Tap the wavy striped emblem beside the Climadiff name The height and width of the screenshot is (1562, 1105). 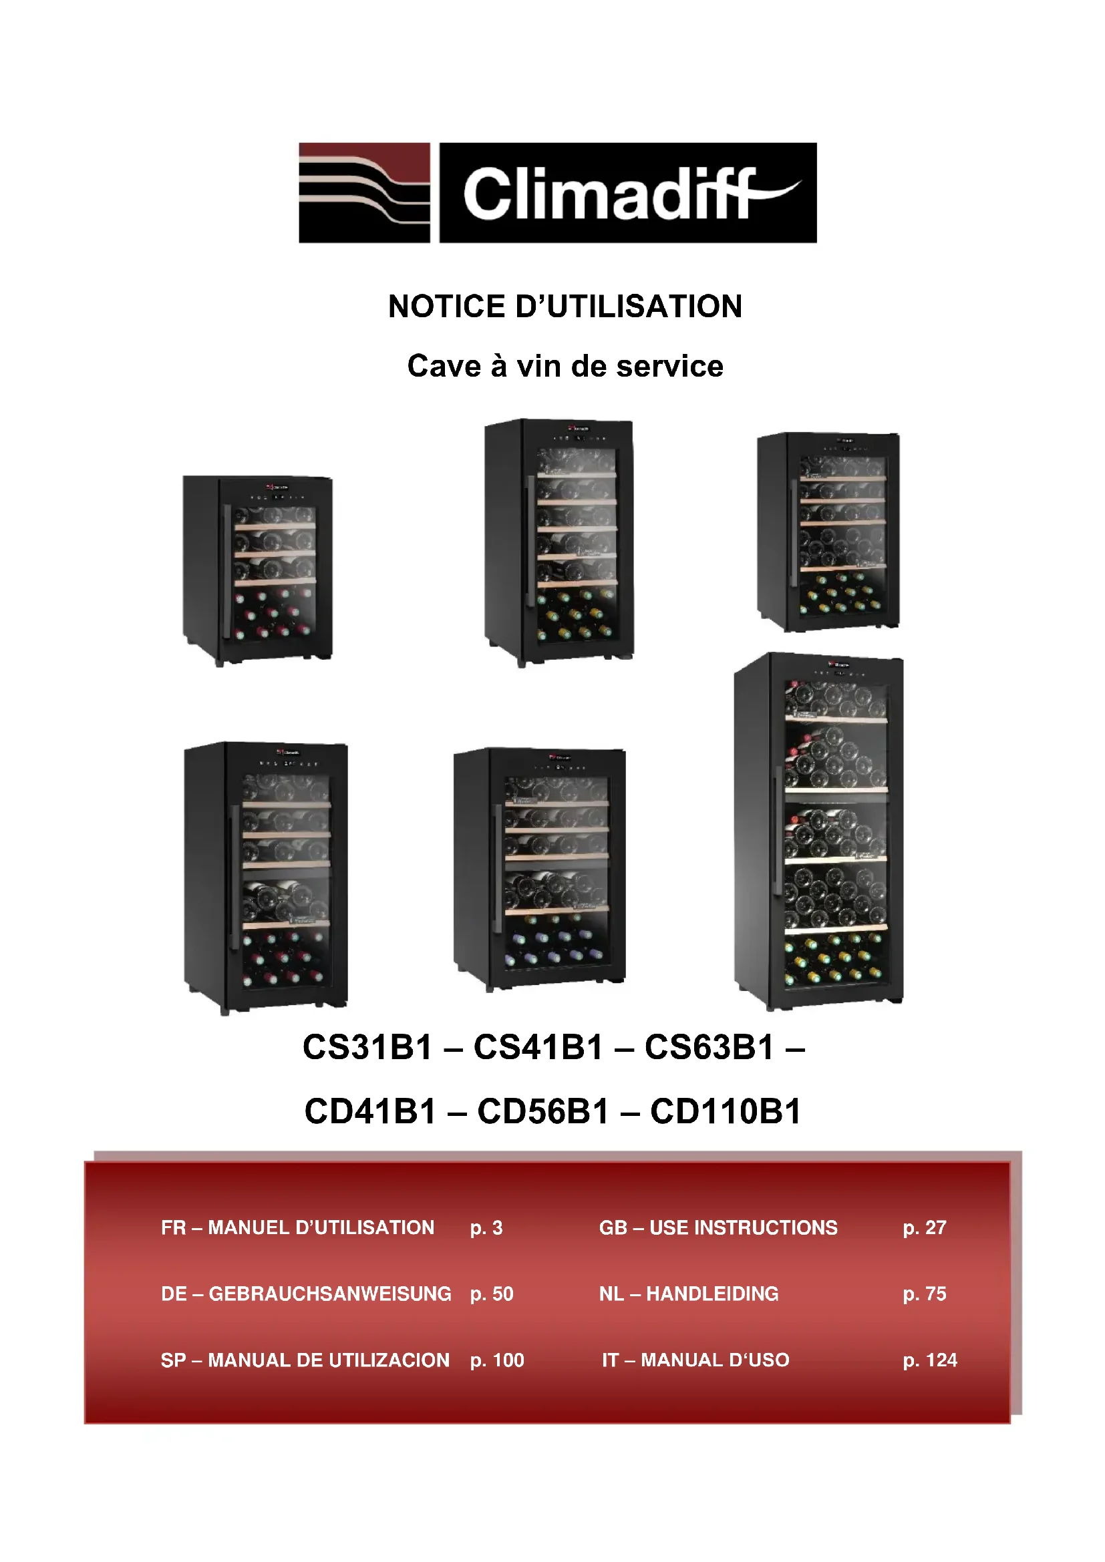pyautogui.click(x=364, y=192)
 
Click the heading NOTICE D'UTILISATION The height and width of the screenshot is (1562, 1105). pyautogui.click(x=565, y=306)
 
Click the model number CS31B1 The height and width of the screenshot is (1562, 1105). pyautogui.click(x=367, y=1047)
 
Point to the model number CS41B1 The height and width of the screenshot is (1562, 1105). pyautogui.click(x=538, y=1047)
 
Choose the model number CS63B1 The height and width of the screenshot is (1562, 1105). pyautogui.click(x=709, y=1047)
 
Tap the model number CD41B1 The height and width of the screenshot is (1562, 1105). pyautogui.click(x=369, y=1111)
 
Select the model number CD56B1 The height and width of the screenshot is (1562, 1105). pyautogui.click(x=542, y=1111)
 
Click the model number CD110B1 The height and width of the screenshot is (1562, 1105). pyautogui.click(x=726, y=1111)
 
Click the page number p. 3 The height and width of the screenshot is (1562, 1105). pyautogui.click(x=486, y=1227)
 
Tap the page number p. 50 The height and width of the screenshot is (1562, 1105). pyautogui.click(x=491, y=1294)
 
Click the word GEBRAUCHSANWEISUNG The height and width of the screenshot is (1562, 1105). pyautogui.click(x=330, y=1294)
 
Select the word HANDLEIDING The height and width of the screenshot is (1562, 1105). pyautogui.click(x=712, y=1294)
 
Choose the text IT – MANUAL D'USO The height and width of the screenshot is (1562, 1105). pyautogui.click(x=695, y=1360)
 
